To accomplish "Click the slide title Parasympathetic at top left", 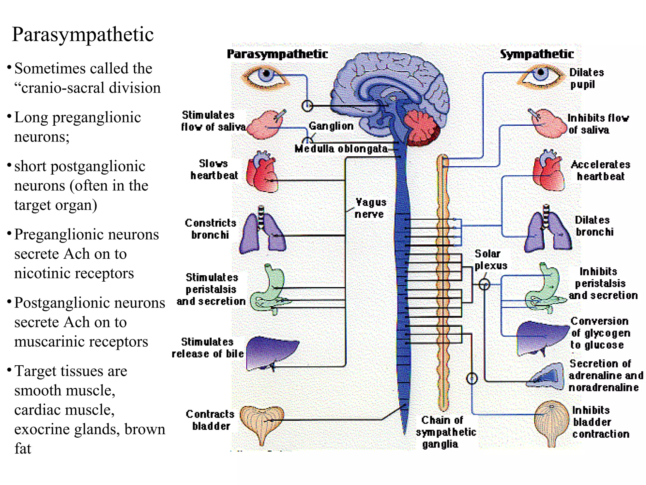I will pyautogui.click(x=83, y=34).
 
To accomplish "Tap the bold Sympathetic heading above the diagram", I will pyautogui.click(x=537, y=54).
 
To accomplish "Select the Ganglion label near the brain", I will pyautogui.click(x=331, y=126).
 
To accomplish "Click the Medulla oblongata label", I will pyautogui.click(x=341, y=149).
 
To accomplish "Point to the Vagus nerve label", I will pyautogui.click(x=370, y=208).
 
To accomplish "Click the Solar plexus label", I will pyautogui.click(x=490, y=260).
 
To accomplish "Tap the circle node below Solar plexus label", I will pyautogui.click(x=484, y=284).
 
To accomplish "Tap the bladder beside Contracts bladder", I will pyautogui.click(x=262, y=422).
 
